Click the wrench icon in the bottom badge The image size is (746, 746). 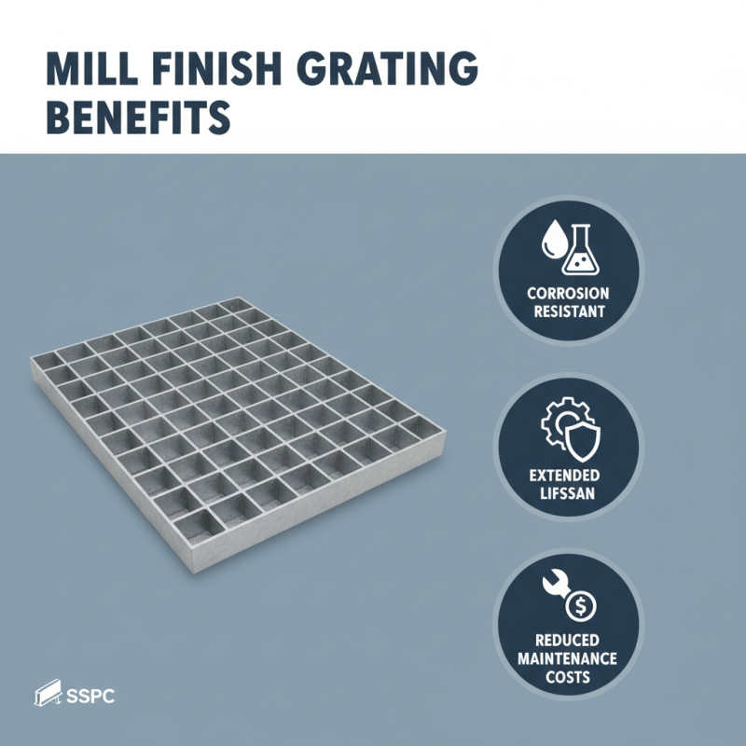coord(556,588)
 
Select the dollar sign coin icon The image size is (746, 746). coord(582,607)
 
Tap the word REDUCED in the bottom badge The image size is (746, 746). coord(567,641)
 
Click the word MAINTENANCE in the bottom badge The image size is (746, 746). coord(567,658)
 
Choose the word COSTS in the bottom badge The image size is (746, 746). coord(567,676)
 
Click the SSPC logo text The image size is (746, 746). coord(92,696)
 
